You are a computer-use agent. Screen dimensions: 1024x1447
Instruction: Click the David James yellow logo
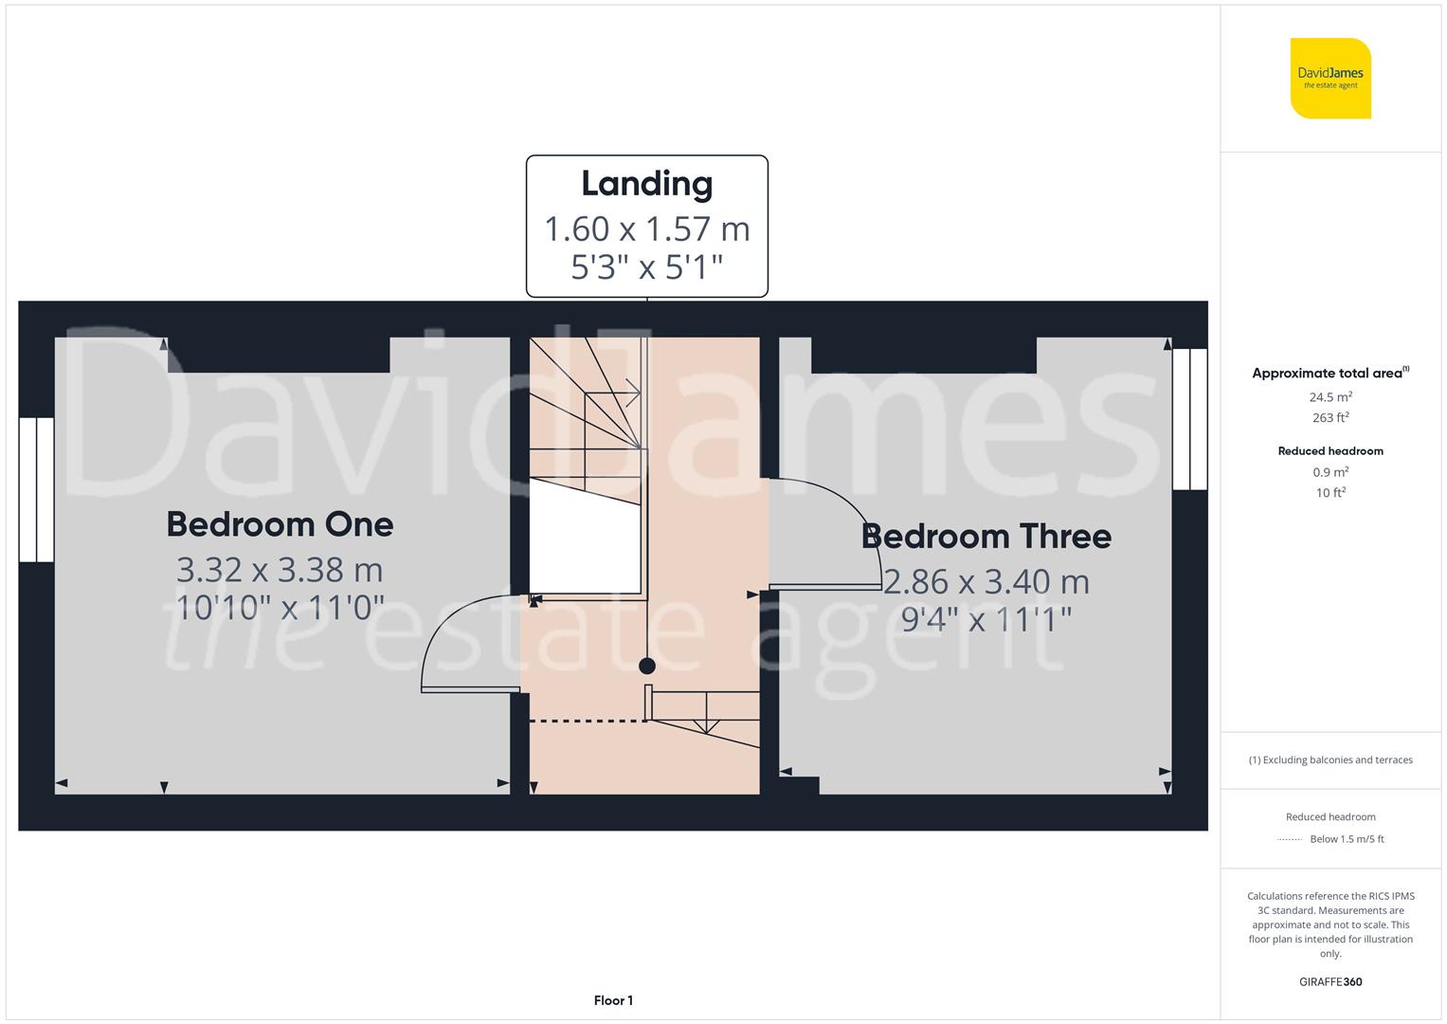click(x=1330, y=79)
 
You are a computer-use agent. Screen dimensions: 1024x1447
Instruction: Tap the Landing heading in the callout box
click(x=646, y=184)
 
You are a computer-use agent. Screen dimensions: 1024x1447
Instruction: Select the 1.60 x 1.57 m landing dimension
click(x=646, y=229)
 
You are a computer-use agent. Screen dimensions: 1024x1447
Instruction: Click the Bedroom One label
click(x=280, y=524)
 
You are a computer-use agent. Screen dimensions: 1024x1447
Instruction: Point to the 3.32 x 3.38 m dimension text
click(x=280, y=570)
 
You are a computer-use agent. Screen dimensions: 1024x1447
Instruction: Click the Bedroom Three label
click(x=986, y=537)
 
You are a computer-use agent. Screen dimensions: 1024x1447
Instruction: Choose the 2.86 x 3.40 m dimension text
click(x=986, y=581)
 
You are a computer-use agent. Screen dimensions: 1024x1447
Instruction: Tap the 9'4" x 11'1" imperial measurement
click(x=986, y=619)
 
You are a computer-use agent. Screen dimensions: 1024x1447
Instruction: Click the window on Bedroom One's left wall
click(x=37, y=489)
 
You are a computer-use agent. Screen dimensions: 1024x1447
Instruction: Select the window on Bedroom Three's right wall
click(x=1189, y=419)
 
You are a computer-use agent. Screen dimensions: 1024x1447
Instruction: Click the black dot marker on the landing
click(x=647, y=666)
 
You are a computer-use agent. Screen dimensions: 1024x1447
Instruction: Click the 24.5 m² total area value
click(x=1330, y=397)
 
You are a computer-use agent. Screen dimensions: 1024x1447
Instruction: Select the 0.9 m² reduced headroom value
click(x=1330, y=472)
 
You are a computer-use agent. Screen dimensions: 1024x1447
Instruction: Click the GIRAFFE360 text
click(x=1330, y=981)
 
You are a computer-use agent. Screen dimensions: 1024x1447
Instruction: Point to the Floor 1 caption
click(x=613, y=1000)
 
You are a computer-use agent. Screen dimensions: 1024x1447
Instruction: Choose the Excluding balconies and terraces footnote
click(x=1330, y=759)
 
